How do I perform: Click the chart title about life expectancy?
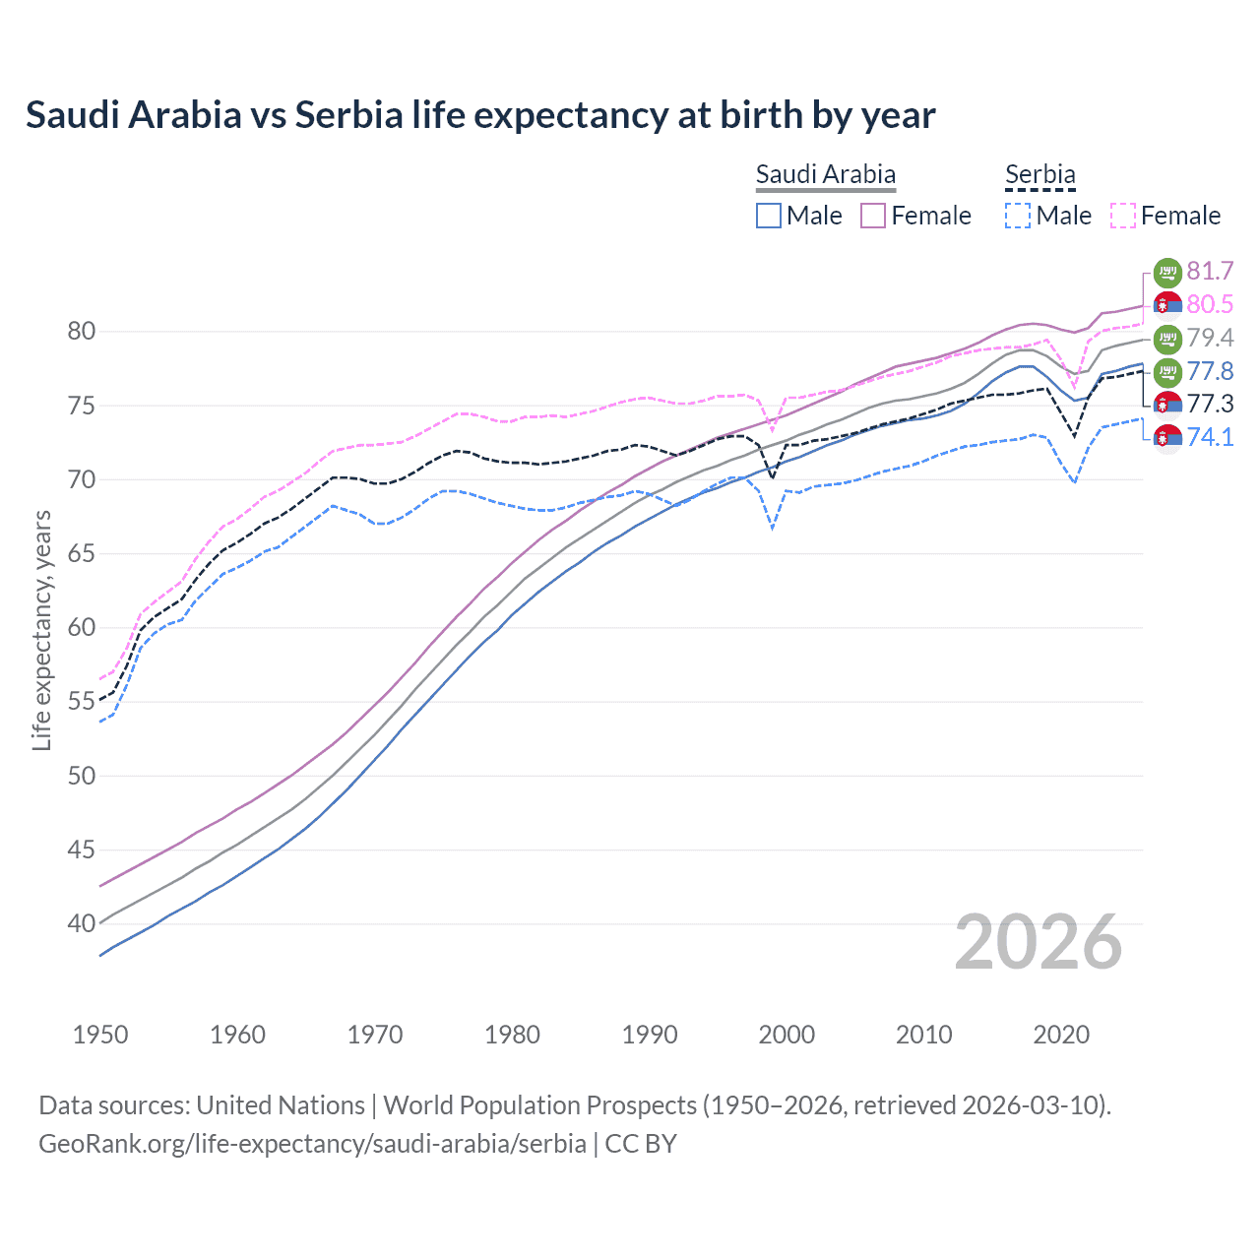480,115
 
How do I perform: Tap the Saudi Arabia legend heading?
825,174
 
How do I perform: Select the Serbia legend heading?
1039,174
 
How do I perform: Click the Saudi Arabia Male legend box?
769,216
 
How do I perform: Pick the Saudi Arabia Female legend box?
873,216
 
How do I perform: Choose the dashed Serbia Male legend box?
1018,216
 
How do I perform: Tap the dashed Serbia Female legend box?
1123,216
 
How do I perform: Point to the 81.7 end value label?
1210,272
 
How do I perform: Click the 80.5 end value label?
1210,305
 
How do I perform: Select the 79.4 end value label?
1210,339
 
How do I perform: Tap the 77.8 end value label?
1210,371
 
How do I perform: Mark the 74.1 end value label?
1210,437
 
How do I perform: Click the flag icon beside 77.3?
1167,405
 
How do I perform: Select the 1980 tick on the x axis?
512,1035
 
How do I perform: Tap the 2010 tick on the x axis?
923,1035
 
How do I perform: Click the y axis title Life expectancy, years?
42,630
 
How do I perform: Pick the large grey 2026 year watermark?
1038,942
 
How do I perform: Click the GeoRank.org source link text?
312,1144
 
